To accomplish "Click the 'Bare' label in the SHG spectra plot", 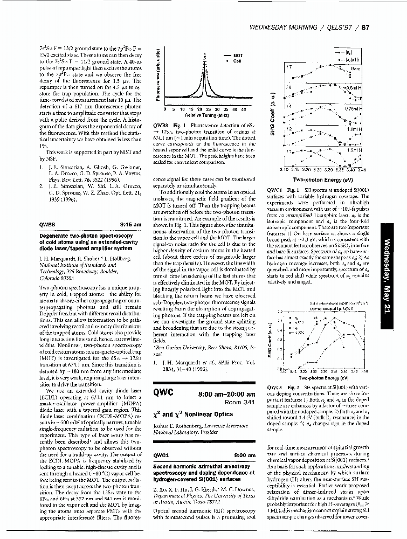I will click(355, 69).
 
